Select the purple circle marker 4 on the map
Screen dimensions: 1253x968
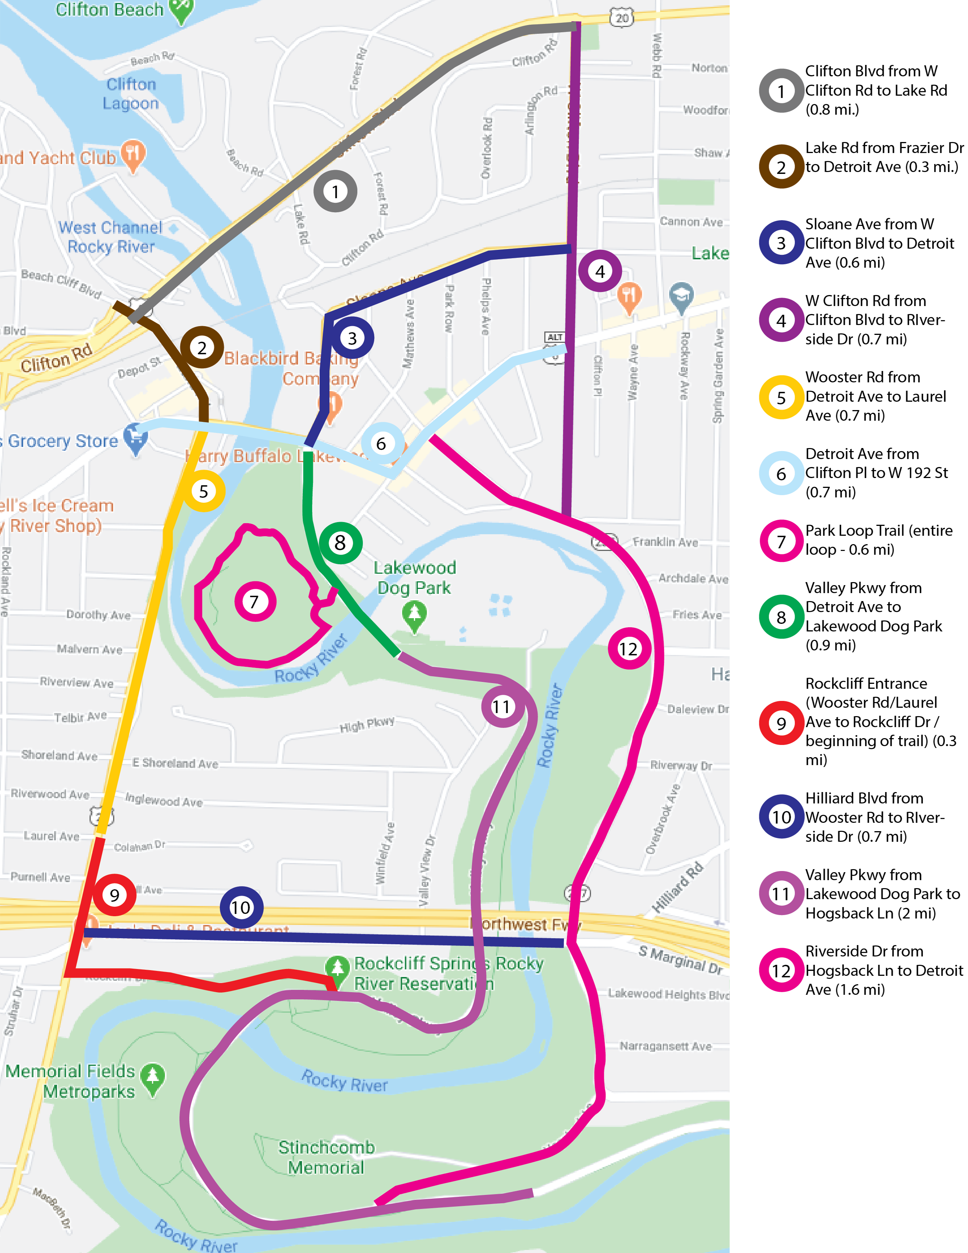coord(600,271)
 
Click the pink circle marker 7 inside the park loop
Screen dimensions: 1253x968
coord(255,601)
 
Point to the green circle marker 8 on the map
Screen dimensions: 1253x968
coord(340,543)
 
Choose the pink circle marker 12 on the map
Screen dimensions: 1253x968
coord(629,649)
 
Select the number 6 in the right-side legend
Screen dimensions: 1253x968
coord(780,473)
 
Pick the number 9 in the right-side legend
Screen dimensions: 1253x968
coord(780,723)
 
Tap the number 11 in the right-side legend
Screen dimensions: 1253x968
coord(780,893)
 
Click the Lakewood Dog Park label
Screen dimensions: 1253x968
coord(414,577)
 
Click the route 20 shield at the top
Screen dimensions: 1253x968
coord(622,18)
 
